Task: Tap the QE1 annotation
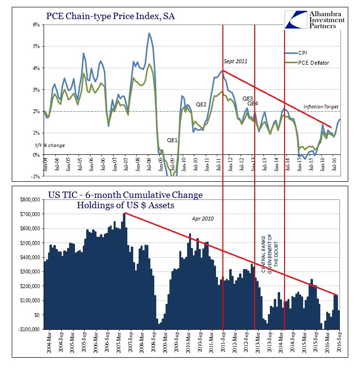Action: tap(172, 140)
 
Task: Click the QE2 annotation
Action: tap(201, 104)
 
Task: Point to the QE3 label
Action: tap(248, 98)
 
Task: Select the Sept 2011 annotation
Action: tap(236, 61)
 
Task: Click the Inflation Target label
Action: tap(321, 107)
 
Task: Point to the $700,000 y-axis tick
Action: tap(29, 214)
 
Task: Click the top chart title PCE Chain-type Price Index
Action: tap(110, 17)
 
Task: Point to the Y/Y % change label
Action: tap(50, 146)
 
